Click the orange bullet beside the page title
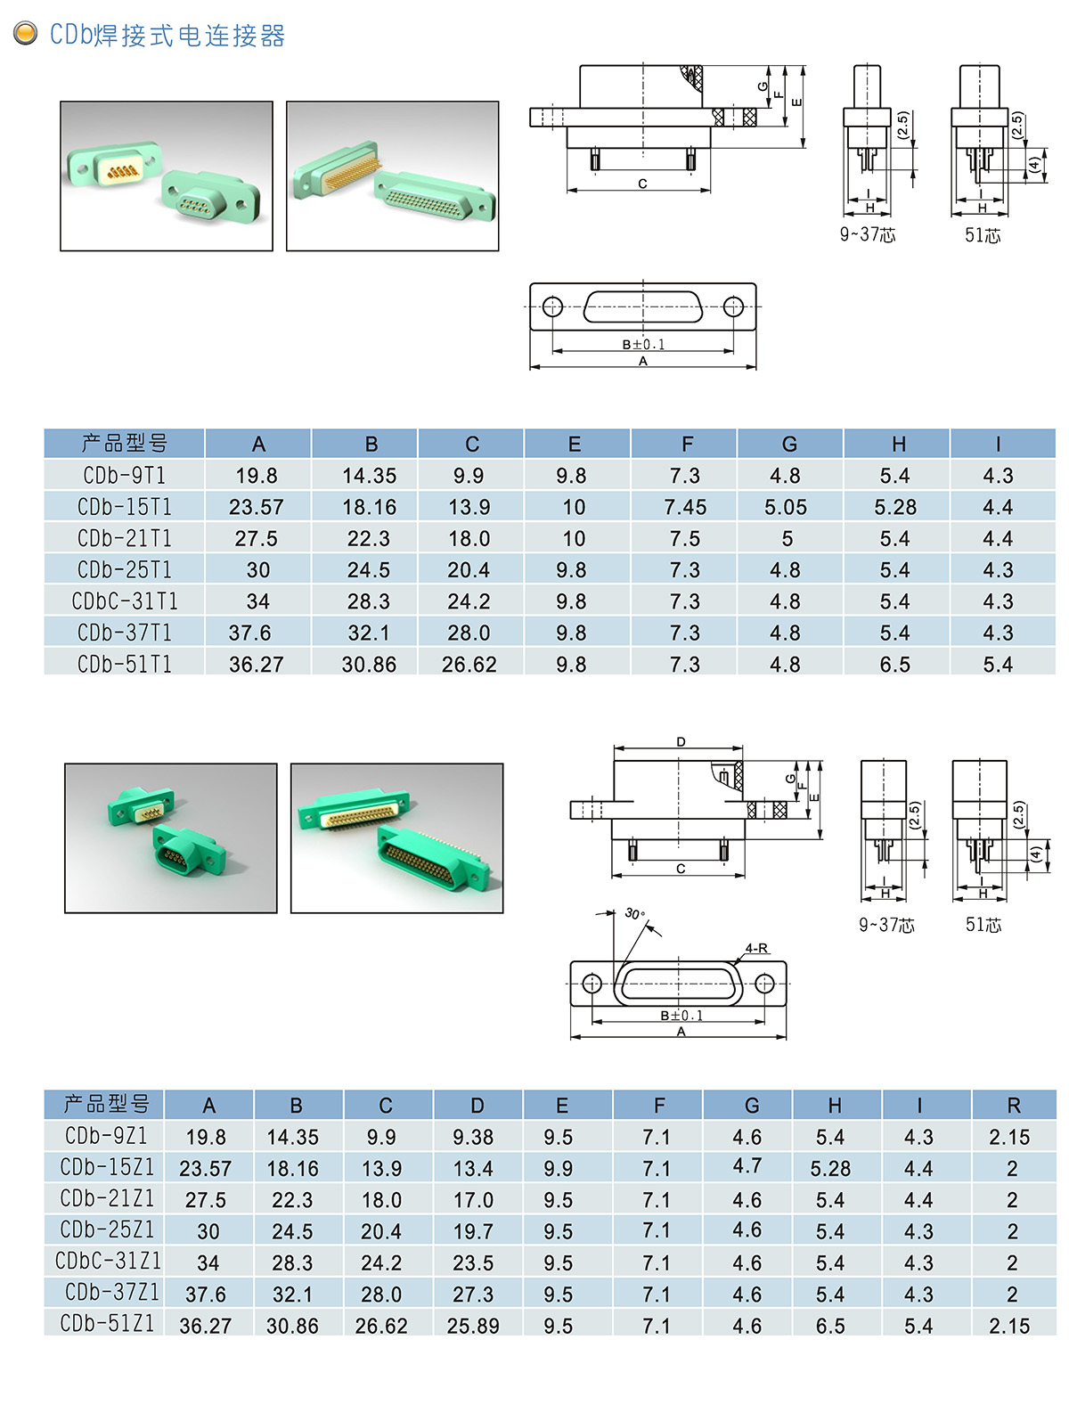click(25, 34)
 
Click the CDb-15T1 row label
click(124, 507)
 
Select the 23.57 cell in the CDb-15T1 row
click(257, 507)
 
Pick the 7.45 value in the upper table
click(685, 507)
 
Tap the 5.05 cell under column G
click(785, 507)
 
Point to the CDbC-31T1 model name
click(124, 601)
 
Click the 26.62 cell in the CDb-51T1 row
click(469, 665)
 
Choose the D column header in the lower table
click(477, 1106)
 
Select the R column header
click(1014, 1106)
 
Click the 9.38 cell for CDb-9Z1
click(473, 1137)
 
